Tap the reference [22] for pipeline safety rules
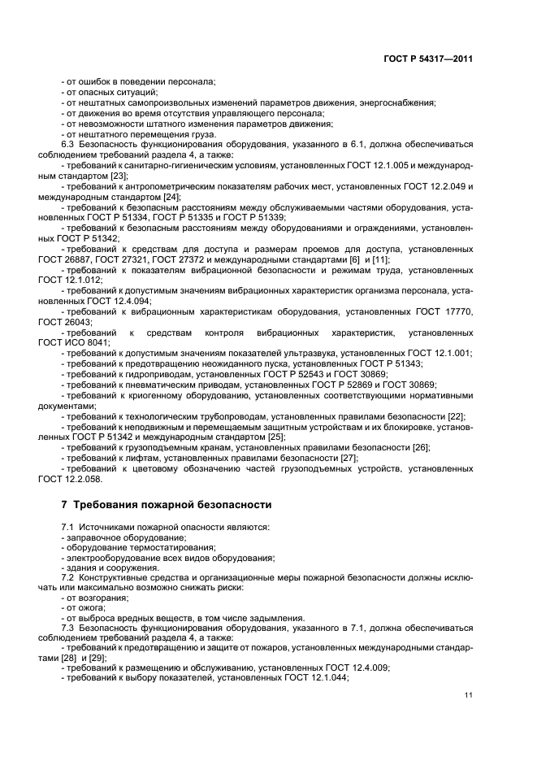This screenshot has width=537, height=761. pyautogui.click(x=456, y=416)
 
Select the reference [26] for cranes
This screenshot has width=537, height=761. pyautogui.click(x=421, y=448)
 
